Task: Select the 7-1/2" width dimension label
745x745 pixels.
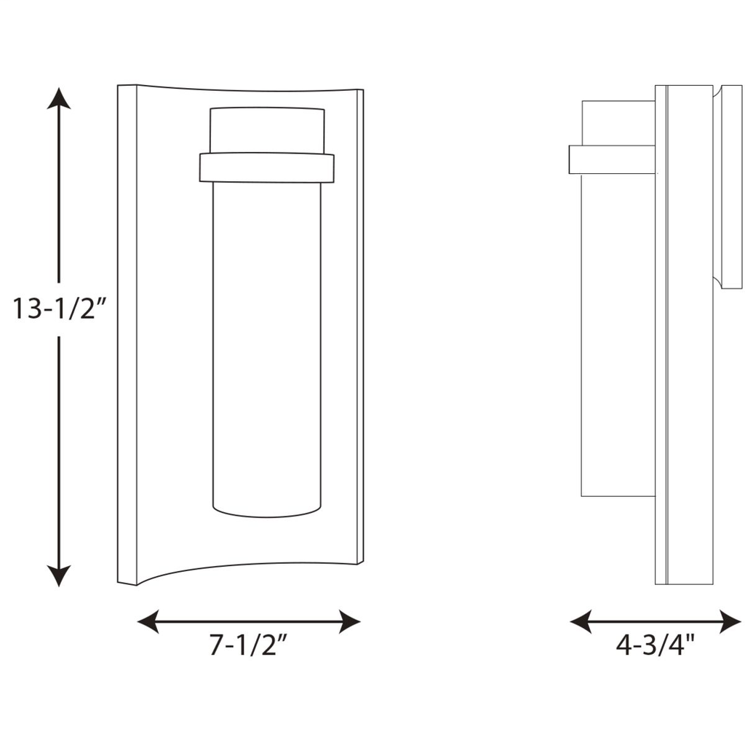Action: [x=245, y=645]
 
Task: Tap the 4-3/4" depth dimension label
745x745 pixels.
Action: [x=656, y=645]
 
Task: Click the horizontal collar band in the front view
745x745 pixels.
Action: [x=266, y=167]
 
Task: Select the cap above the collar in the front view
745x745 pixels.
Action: [x=266, y=130]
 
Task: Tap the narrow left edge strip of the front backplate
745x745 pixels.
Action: [x=127, y=335]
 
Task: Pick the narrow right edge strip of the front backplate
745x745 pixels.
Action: [x=359, y=327]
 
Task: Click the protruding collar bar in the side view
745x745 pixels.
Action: [x=611, y=160]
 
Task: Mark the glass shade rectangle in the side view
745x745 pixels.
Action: [x=617, y=327]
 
